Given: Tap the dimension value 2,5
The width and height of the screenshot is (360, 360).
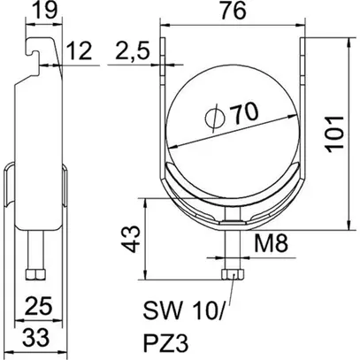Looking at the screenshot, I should (x=131, y=57).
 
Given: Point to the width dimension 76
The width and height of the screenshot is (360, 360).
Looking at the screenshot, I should (x=235, y=12).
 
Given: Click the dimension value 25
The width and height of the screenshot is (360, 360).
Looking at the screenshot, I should (x=38, y=307).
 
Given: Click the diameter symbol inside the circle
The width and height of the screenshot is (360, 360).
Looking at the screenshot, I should (x=212, y=118).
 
